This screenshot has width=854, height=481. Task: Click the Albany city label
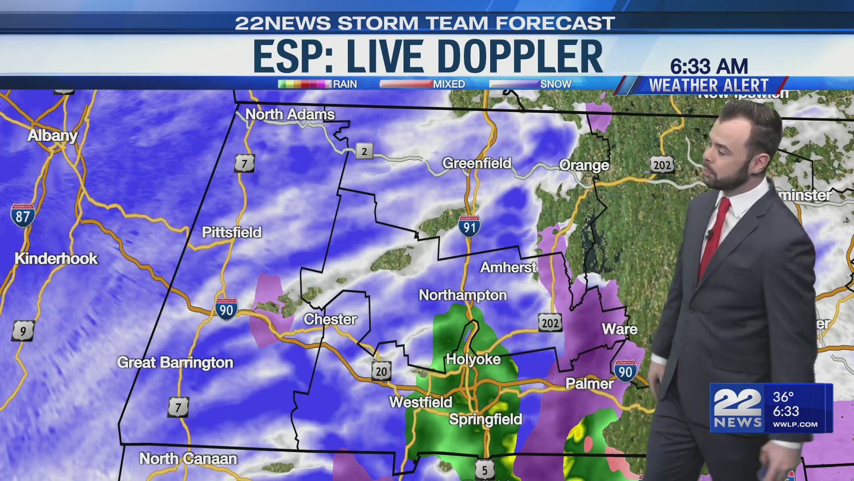(x=52, y=135)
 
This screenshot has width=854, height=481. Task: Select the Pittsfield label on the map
(x=231, y=232)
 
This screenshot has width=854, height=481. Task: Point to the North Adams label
(x=290, y=114)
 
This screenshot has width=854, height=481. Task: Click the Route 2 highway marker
(x=364, y=151)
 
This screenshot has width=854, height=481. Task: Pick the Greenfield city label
(x=477, y=163)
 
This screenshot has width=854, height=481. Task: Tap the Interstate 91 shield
(x=469, y=227)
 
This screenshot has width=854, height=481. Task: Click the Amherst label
(x=508, y=267)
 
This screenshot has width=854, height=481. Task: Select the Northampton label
(x=463, y=295)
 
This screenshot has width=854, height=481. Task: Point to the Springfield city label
(x=485, y=419)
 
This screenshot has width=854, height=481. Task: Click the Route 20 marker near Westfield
(x=381, y=371)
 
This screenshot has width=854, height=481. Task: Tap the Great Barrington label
(x=175, y=363)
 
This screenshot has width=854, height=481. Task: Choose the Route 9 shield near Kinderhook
(x=23, y=331)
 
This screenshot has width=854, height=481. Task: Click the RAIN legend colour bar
(x=304, y=84)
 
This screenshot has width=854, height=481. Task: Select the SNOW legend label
(x=556, y=84)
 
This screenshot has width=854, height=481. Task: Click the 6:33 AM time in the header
(x=709, y=67)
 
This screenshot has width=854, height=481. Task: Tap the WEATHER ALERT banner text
(x=709, y=85)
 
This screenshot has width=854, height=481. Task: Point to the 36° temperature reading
(x=783, y=397)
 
